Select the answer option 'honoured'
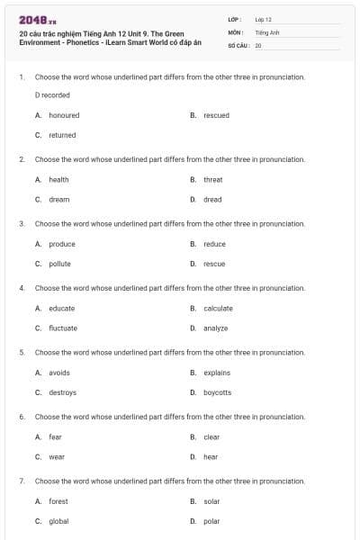pyautogui.click(x=64, y=115)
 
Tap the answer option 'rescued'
pyautogui.click(x=216, y=115)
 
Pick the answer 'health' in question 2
pyautogui.click(x=58, y=179)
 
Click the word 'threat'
pyautogui.click(x=212, y=179)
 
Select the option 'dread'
pyautogui.click(x=212, y=199)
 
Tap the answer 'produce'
pyautogui.click(x=62, y=244)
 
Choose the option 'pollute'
pyautogui.click(x=59, y=264)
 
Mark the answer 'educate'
pyautogui.click(x=62, y=308)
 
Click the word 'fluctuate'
pyautogui.click(x=63, y=328)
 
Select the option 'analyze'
pyautogui.click(x=216, y=328)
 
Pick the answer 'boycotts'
pyautogui.click(x=217, y=392)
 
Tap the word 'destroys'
pyautogui.click(x=62, y=392)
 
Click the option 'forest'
pyautogui.click(x=58, y=501)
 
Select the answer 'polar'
pyautogui.click(x=211, y=521)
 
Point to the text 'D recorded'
pyautogui.click(x=52, y=94)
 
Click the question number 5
pyautogui.click(x=22, y=352)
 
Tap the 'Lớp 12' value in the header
pyautogui.click(x=263, y=19)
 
